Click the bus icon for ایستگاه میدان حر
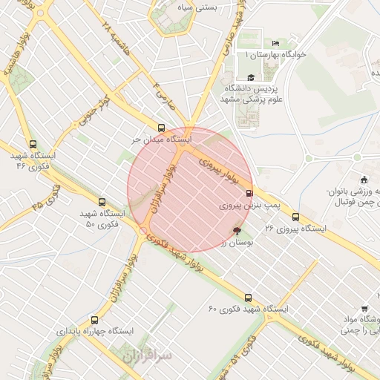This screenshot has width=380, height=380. (x=162, y=128)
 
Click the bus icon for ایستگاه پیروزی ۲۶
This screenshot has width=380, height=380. (x=296, y=217)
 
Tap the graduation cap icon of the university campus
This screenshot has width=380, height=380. (x=250, y=77)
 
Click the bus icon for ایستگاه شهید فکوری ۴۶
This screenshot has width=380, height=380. (x=32, y=145)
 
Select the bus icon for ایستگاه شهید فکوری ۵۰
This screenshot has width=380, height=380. (x=102, y=202)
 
